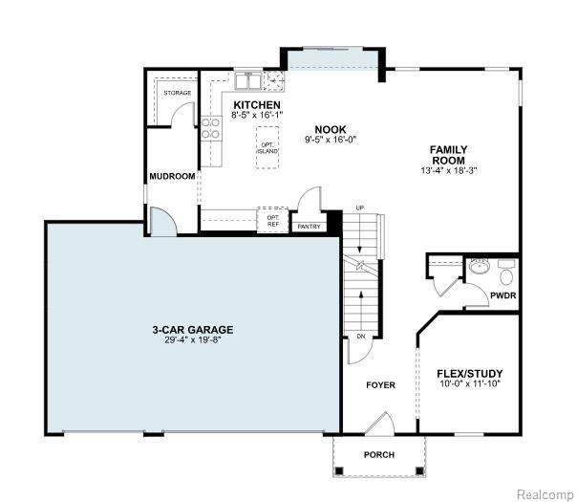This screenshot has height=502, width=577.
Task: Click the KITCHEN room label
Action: tap(257, 105)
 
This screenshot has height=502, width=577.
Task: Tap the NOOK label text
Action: tap(331, 130)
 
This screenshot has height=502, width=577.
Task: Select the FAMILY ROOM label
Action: tap(449, 155)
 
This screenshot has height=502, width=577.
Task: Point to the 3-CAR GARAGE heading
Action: tap(193, 330)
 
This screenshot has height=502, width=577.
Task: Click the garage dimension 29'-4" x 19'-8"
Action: tap(193, 339)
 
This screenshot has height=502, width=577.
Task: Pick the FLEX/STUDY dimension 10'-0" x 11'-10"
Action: tap(470, 383)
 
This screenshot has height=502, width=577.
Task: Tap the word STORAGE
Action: tap(178, 93)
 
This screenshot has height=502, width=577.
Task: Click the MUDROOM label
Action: tap(172, 177)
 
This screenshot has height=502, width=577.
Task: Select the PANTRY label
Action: tap(310, 227)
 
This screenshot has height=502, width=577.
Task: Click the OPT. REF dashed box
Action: tap(272, 220)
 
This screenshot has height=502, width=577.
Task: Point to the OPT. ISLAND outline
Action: tap(267, 147)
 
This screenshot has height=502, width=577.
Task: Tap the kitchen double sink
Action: tap(247, 80)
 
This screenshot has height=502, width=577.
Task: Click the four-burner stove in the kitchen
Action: tap(211, 128)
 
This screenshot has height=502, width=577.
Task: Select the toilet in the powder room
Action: tap(506, 273)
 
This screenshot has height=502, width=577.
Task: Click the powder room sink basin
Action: tap(478, 266)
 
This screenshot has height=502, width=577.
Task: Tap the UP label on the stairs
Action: tap(359, 208)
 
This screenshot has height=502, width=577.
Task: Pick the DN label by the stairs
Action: tap(361, 337)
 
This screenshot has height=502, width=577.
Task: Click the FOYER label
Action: tap(380, 385)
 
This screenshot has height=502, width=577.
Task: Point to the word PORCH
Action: tap(379, 455)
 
